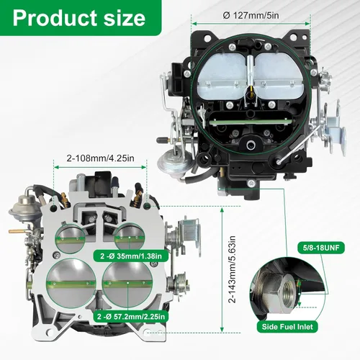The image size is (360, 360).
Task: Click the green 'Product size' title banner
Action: pos(81,17)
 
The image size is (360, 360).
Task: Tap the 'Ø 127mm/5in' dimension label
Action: pos(251,16)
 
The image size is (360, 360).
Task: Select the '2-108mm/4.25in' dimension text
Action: pos(100,158)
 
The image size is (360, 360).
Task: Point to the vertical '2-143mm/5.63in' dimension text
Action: pos(232,269)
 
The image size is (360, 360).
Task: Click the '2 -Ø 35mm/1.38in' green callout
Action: pos(131,256)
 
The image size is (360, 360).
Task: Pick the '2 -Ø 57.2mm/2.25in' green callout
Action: pos(131,317)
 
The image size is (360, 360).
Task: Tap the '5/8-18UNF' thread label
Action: pos(321,248)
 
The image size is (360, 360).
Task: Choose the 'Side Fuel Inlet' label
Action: pos(287,327)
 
